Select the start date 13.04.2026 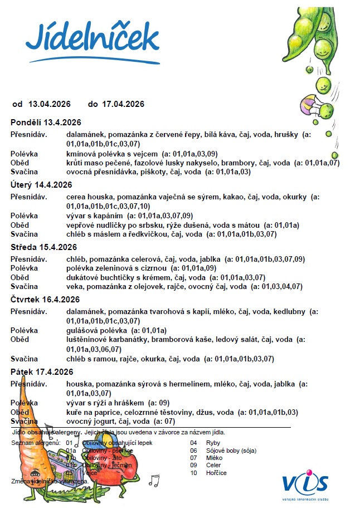click(x=50, y=104)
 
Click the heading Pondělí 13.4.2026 click(x=46, y=123)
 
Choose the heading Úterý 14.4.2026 click(x=42, y=185)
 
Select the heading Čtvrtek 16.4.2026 click(x=46, y=301)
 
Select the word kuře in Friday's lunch click(x=74, y=412)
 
